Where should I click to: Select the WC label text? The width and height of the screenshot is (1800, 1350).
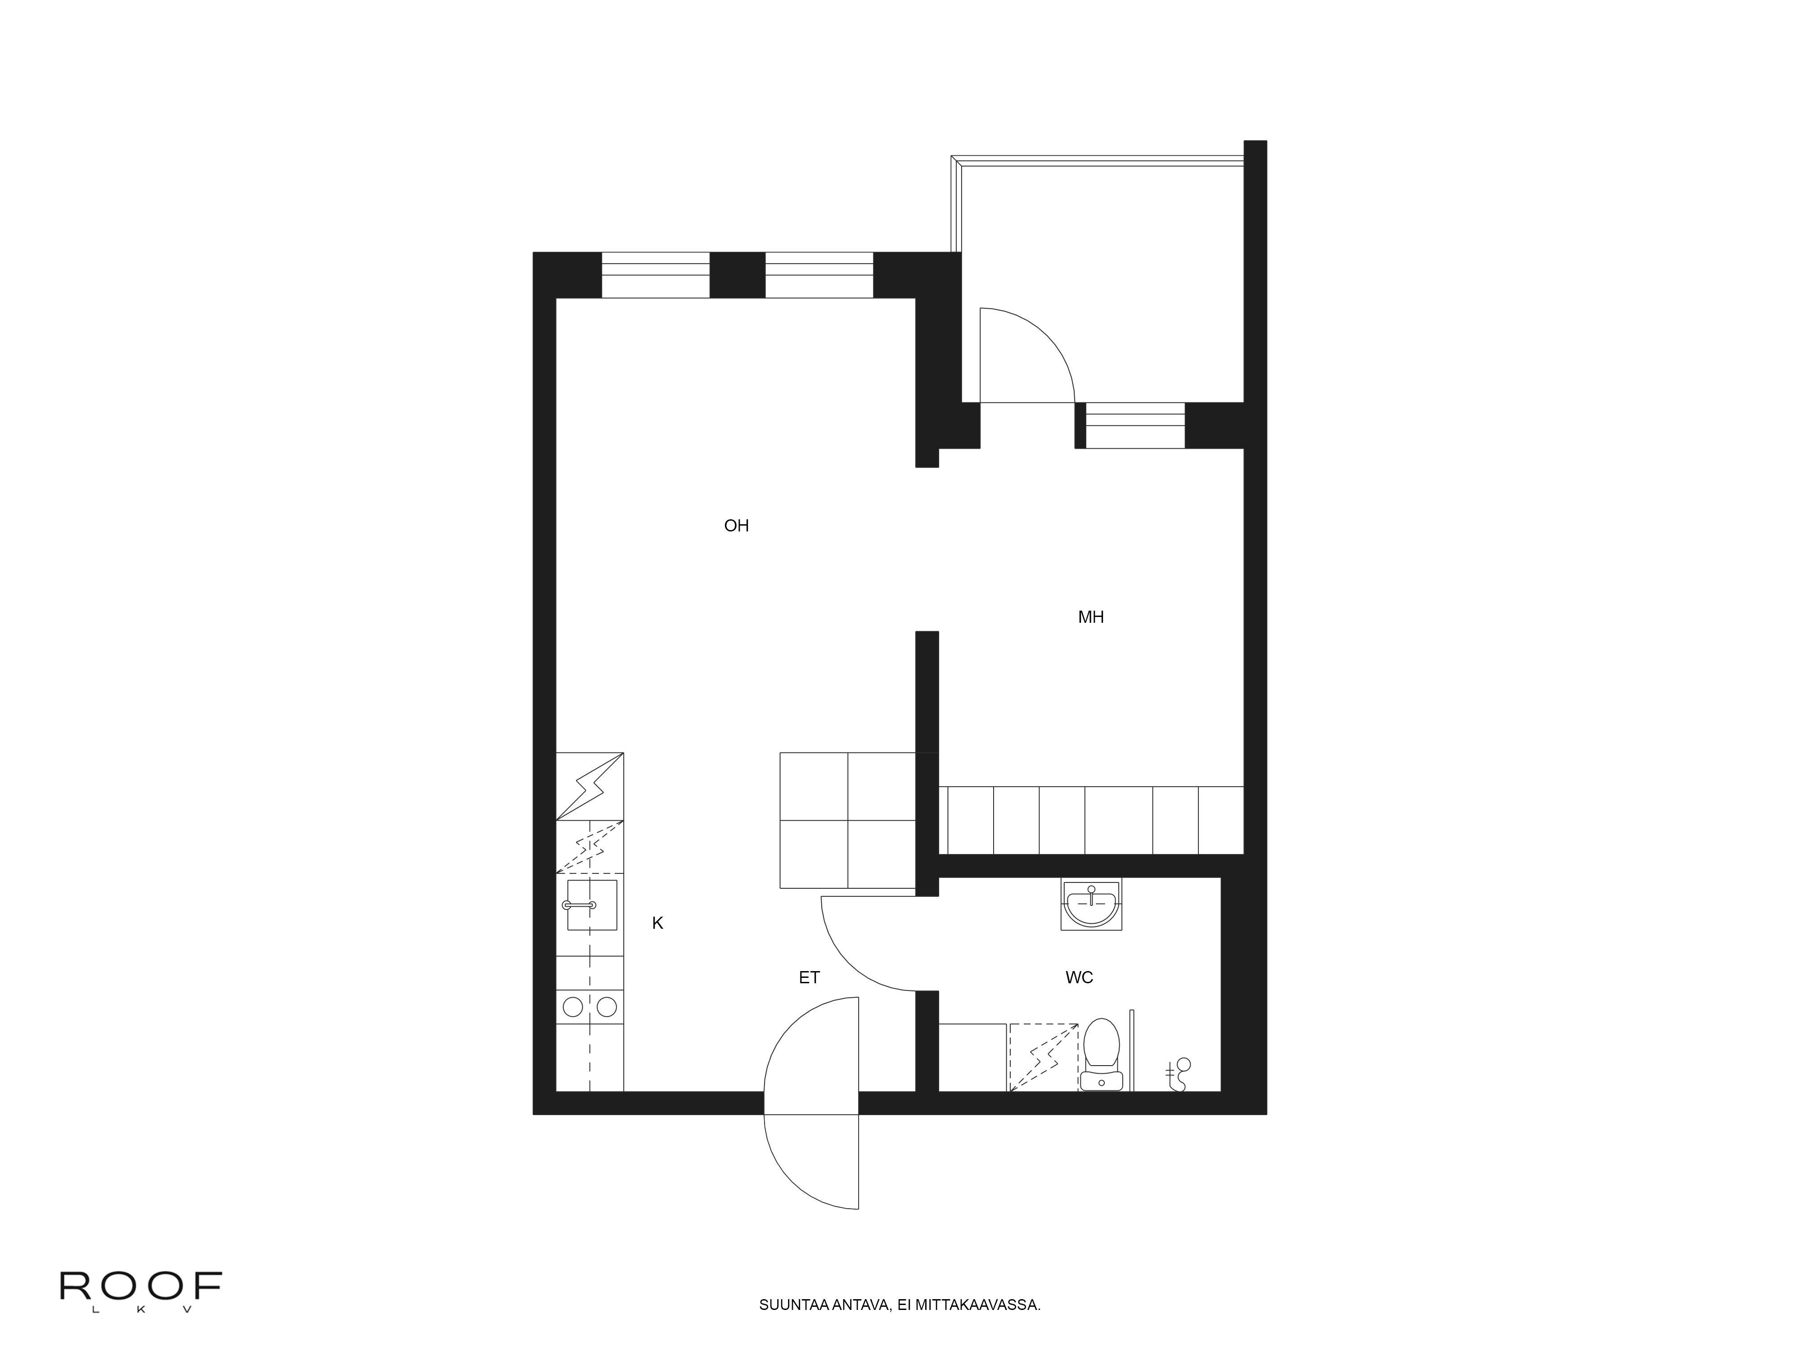tap(1079, 977)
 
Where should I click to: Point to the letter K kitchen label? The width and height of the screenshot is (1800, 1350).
tap(657, 923)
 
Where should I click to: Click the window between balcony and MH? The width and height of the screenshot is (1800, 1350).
tap(1135, 426)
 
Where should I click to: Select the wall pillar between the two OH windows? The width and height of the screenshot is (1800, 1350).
tap(737, 275)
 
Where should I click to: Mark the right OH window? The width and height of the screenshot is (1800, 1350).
tap(819, 275)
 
